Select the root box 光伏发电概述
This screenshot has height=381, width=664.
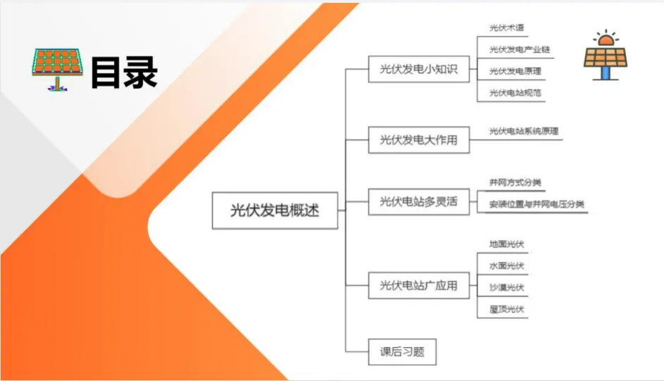(275, 210)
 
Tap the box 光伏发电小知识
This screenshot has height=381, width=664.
(419, 69)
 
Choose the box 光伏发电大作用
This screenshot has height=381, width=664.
(419, 139)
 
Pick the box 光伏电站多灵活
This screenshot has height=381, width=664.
(419, 201)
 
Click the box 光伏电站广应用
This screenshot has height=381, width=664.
(419, 285)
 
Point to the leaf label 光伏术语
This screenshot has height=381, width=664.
(507, 28)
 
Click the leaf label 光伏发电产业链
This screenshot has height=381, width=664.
(519, 50)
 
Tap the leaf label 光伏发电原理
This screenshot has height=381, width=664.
(515, 71)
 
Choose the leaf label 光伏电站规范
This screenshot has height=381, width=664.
(515, 92)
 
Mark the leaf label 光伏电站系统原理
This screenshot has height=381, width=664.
(524, 131)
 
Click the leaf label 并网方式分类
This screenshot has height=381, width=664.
(515, 182)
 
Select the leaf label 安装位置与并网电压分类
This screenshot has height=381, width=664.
(537, 204)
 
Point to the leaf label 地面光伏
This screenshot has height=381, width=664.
(507, 244)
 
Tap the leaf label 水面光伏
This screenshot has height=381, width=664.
(507, 266)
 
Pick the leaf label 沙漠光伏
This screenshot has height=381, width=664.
(507, 287)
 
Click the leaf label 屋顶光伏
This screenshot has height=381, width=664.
(507, 309)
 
